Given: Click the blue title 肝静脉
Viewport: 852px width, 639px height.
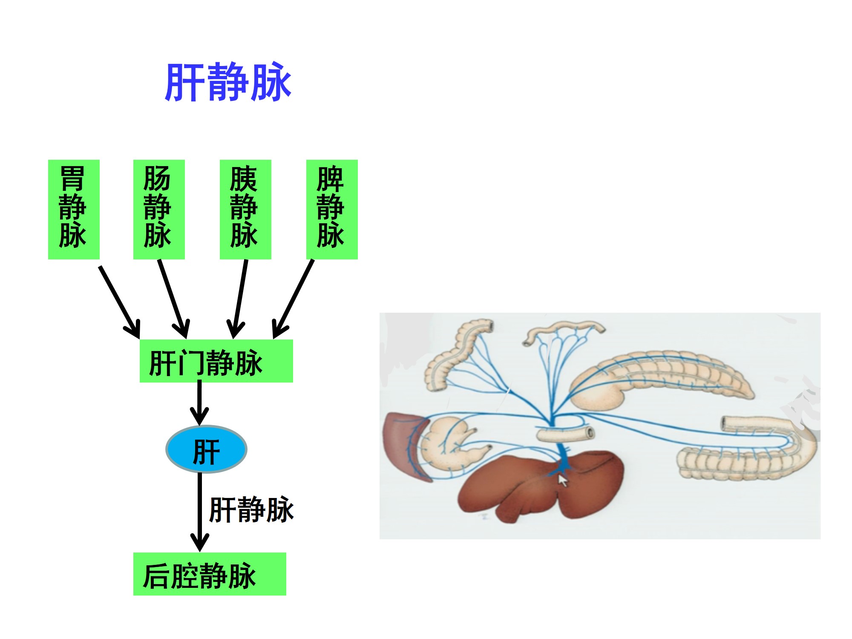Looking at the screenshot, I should [228, 82].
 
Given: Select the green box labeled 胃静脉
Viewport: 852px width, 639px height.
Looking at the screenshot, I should [74, 209].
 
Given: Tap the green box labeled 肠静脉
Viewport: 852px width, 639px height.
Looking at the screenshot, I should [159, 209].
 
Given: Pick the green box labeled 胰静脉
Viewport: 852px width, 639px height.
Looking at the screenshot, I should [245, 209].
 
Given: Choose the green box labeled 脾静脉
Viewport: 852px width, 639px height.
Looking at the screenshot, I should [332, 209].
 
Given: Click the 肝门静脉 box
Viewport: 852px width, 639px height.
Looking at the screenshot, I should [216, 361].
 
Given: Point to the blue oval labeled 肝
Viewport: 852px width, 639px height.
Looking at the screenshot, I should [206, 449].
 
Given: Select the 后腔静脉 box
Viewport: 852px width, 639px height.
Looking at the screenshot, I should [210, 574].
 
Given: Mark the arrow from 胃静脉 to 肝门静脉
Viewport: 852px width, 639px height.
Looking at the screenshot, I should [120, 302].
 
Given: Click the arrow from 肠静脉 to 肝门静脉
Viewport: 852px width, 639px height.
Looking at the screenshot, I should [173, 298].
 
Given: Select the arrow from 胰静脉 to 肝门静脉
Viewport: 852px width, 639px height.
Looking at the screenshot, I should [239, 298].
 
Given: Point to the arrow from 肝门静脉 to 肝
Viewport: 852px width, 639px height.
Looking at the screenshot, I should [199, 403].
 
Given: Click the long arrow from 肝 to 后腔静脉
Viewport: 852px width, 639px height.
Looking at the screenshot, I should [199, 511].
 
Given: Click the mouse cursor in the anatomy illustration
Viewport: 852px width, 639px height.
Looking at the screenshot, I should [563, 481].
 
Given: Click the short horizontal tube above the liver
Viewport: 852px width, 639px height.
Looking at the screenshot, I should [564, 434].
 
